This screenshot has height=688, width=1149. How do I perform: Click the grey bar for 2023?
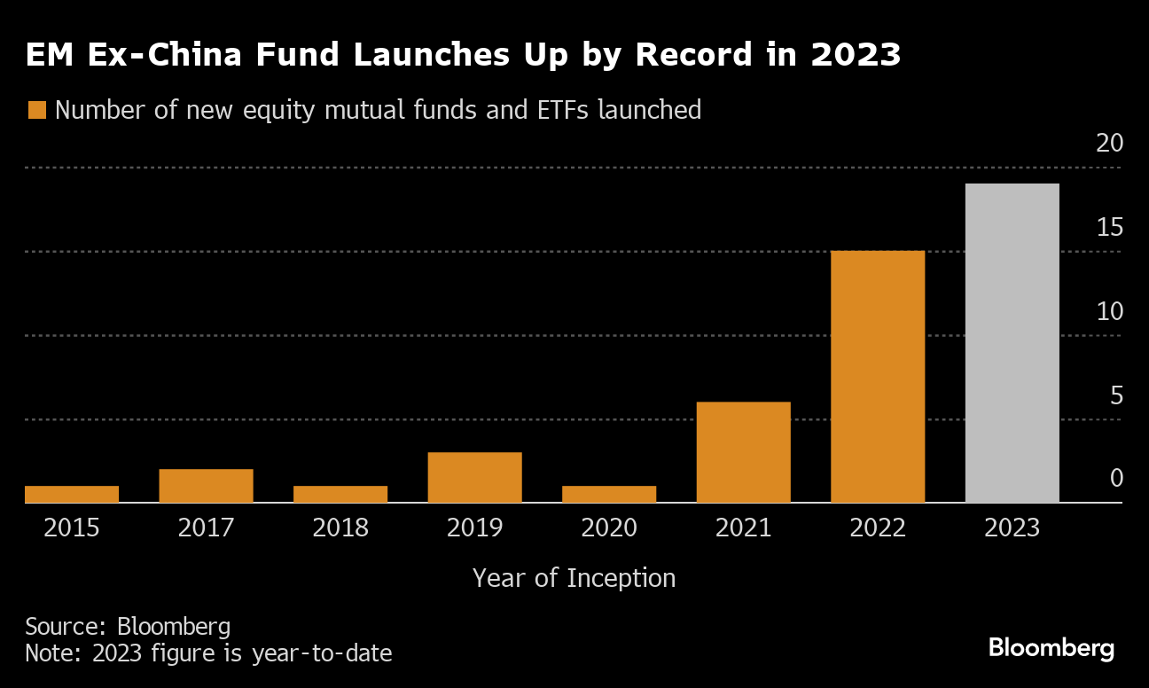pos(1012,343)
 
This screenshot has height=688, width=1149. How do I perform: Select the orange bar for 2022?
pos(878,377)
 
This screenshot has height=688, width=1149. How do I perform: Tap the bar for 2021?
pos(743,452)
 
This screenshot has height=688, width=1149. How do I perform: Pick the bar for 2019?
pos(474,477)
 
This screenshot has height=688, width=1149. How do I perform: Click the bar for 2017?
pos(206,486)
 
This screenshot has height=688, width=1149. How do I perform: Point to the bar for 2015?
pos(72,494)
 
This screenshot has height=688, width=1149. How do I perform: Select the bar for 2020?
pos(609,494)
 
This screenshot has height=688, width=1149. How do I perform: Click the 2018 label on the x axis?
pos(340,528)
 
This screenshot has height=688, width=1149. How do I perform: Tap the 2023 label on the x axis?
pos(1012,528)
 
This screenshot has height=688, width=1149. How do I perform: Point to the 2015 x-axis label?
pos(72,528)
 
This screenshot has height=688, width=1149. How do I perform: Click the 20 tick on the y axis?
pos(1109,144)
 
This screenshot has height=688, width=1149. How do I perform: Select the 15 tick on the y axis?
pos(1109,228)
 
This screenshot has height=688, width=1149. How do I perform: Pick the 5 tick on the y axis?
pos(1115,395)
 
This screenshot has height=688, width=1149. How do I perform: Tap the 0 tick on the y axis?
pos(1115,479)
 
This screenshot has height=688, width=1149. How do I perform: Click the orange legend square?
pos(36,110)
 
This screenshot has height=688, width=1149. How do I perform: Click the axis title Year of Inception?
pos(574,578)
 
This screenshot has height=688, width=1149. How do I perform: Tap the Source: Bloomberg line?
pos(128,627)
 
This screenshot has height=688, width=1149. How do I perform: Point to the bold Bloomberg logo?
pos(1051,648)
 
